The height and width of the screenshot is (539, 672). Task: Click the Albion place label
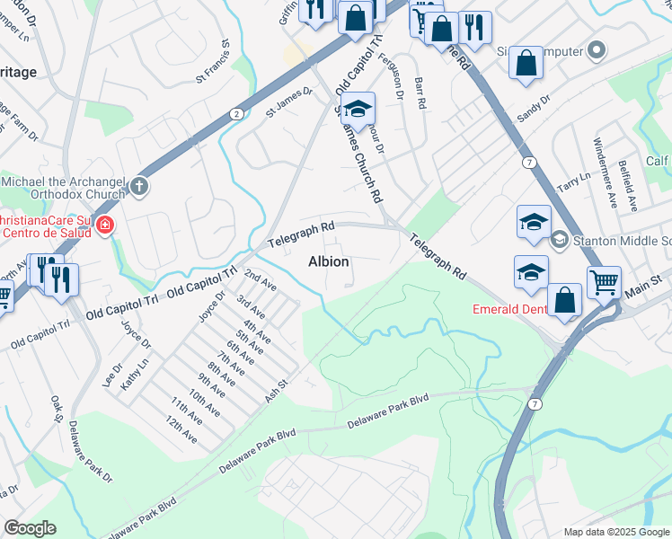328,261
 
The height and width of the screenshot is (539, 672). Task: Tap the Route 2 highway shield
235,113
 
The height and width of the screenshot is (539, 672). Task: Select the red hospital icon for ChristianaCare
105,225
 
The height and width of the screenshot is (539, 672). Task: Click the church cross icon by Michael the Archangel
138,186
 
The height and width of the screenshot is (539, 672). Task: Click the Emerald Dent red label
510,310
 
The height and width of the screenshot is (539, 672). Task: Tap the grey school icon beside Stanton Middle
559,239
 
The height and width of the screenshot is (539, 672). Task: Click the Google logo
30,527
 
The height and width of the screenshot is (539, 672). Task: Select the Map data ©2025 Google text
615,532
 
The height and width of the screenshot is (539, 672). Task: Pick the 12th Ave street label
181,429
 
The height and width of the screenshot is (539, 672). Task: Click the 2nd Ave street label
260,280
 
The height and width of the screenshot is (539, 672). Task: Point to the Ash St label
275,388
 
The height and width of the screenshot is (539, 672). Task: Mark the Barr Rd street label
420,92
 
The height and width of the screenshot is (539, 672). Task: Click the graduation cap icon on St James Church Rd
358,109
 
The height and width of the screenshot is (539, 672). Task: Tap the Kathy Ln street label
132,370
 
